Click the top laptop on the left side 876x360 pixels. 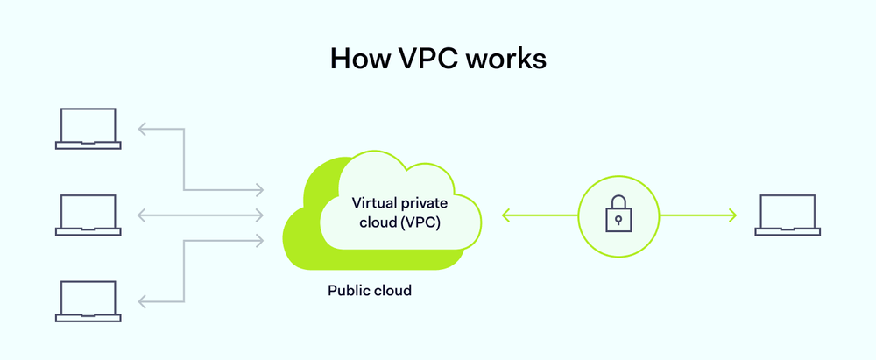pos(88,128)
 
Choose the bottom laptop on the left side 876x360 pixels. pos(88,300)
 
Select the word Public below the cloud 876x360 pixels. pos(349,290)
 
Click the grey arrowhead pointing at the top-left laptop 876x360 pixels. pos(142,129)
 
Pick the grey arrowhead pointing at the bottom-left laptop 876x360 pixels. pos(142,301)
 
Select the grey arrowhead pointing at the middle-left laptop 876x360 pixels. pos(142,215)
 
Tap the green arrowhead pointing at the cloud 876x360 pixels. pos(505,215)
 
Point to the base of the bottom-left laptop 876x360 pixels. pos(88,318)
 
